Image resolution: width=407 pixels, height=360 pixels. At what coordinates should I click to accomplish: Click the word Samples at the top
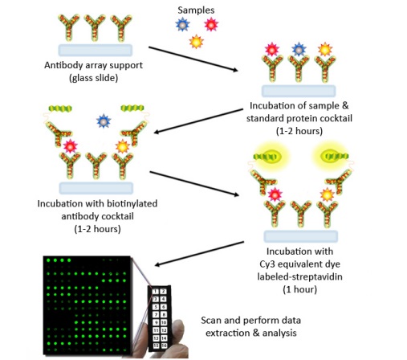click(196, 10)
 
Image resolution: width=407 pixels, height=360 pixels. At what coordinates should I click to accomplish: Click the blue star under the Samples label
click(182, 24)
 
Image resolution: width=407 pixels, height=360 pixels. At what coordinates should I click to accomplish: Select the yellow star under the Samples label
click(197, 42)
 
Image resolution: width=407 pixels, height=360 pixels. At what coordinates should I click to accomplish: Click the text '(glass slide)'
click(93, 78)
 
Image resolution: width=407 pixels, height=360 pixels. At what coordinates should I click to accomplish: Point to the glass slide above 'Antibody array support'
click(96, 50)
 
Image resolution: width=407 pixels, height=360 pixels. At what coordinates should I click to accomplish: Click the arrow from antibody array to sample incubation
click(193, 59)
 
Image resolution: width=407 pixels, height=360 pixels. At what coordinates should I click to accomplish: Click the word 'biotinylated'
click(132, 204)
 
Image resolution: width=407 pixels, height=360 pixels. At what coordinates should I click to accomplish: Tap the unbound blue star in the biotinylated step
click(104, 121)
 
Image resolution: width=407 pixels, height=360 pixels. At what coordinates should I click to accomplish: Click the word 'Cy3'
click(267, 264)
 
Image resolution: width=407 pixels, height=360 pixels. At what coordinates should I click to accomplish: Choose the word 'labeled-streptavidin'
click(299, 276)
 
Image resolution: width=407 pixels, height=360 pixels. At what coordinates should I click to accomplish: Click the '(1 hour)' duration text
click(299, 289)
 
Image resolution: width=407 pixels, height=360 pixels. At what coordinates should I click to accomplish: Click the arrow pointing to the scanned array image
click(199, 254)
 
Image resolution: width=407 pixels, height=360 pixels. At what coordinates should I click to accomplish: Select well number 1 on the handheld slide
click(156, 292)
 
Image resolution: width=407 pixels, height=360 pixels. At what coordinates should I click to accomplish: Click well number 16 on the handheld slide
click(164, 346)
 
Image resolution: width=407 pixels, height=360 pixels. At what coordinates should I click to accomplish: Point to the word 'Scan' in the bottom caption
click(211, 321)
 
